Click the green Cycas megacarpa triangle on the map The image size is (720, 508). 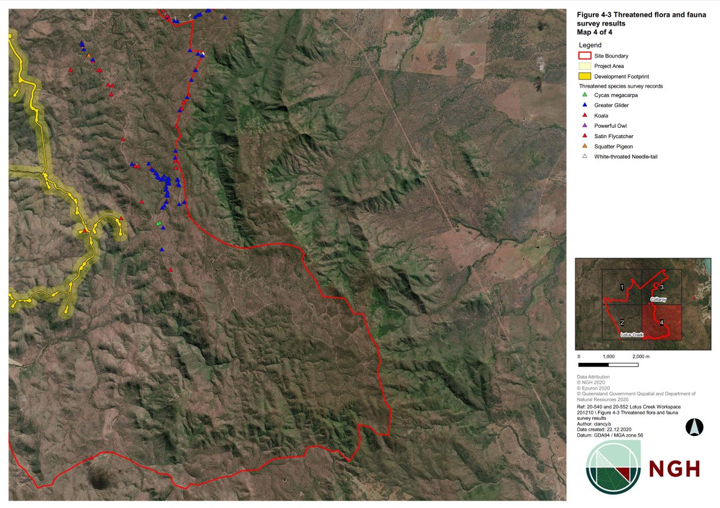[x=158, y=224]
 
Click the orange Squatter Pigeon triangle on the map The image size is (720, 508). [x=89, y=56]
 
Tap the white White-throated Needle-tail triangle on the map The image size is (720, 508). [x=203, y=54]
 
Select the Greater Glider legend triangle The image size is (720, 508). [x=584, y=105]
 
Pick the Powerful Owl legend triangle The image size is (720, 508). [x=584, y=125]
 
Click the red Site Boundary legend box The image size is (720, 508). [x=584, y=56]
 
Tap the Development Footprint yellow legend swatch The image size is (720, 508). [x=584, y=76]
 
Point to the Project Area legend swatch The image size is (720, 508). [x=584, y=66]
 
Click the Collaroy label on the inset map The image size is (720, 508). [x=658, y=299]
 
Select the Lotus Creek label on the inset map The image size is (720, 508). [x=632, y=334]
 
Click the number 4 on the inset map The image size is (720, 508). [x=661, y=323]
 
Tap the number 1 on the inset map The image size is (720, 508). [x=622, y=288]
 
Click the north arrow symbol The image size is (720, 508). [x=692, y=427]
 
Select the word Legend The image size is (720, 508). [x=590, y=45]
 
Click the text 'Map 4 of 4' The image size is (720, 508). [x=595, y=32]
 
